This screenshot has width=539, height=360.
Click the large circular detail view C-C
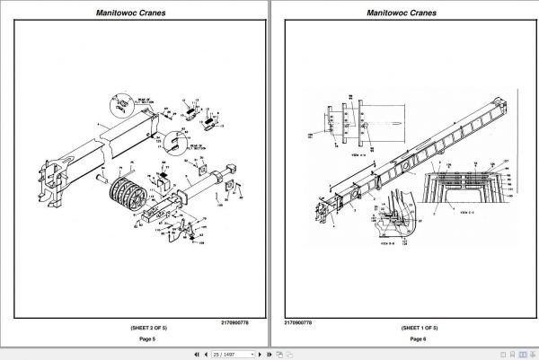click(469, 184)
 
